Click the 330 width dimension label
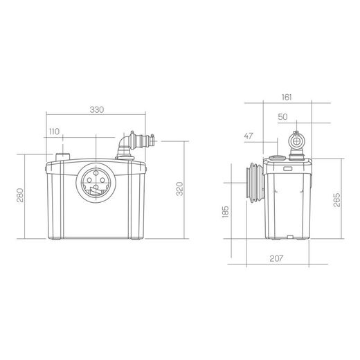(x=97, y=110)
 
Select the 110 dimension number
(x=54, y=132)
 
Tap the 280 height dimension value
(x=20, y=195)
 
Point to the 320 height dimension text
(x=179, y=189)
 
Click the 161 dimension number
(x=287, y=98)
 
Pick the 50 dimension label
(x=282, y=117)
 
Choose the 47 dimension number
(x=249, y=136)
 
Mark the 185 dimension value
(x=225, y=211)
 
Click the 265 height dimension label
(x=337, y=199)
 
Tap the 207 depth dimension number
(x=276, y=258)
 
